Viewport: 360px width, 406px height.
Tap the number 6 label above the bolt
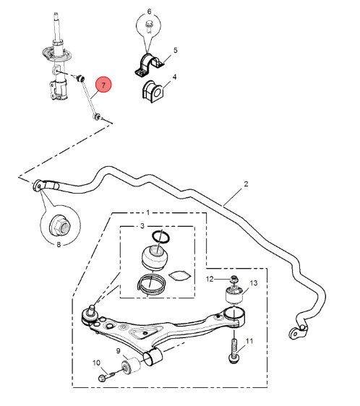[x=150, y=12]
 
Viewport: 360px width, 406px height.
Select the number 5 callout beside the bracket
[x=174, y=51]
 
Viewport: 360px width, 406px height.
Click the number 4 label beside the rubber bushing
[x=174, y=76]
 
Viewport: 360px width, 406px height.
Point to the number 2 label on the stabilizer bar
[x=245, y=184]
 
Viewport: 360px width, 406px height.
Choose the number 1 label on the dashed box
[x=148, y=213]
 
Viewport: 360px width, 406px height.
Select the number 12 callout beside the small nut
[x=210, y=279]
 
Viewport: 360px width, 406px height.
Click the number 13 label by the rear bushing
[x=253, y=283]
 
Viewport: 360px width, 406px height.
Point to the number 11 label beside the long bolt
[x=250, y=341]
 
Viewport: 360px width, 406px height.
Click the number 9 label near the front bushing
[x=119, y=351]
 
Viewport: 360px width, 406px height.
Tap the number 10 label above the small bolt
[x=98, y=362]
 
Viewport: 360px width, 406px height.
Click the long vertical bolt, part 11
[x=234, y=348]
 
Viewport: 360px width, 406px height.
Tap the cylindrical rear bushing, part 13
[x=235, y=295]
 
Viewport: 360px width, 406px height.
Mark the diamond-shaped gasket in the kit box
[x=179, y=275]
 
